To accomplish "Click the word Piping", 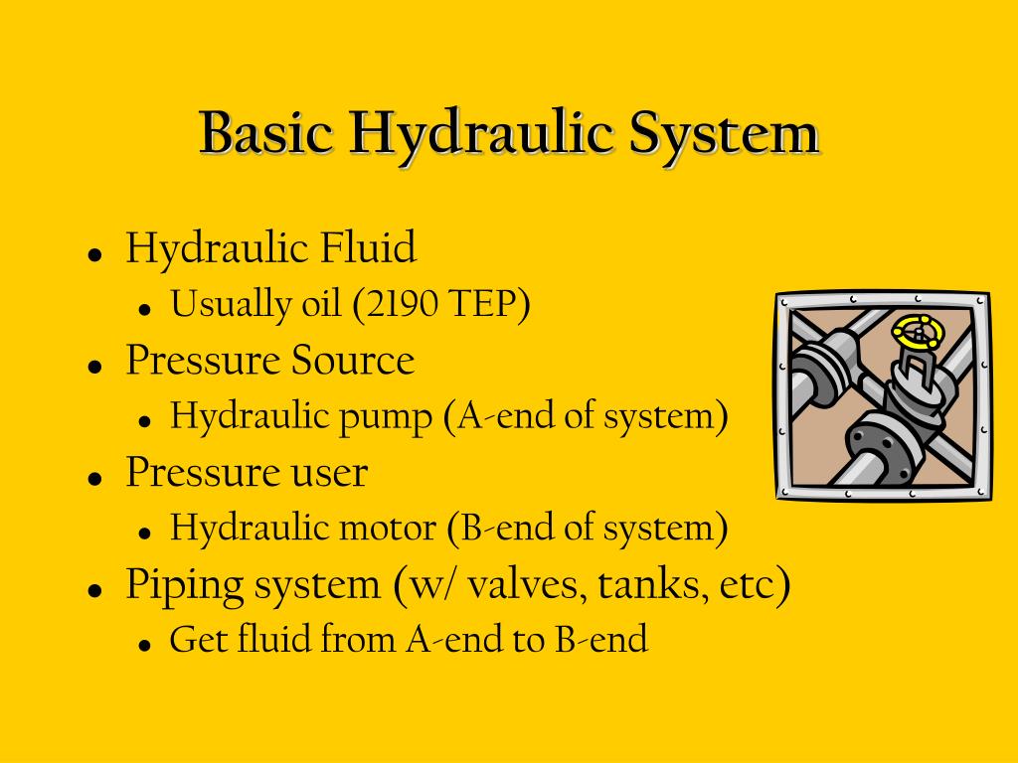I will pyautogui.click(x=183, y=585).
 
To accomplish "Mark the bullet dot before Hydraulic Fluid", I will pyautogui.click(x=96, y=253).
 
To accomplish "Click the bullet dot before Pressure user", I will pyautogui.click(x=96, y=477).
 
